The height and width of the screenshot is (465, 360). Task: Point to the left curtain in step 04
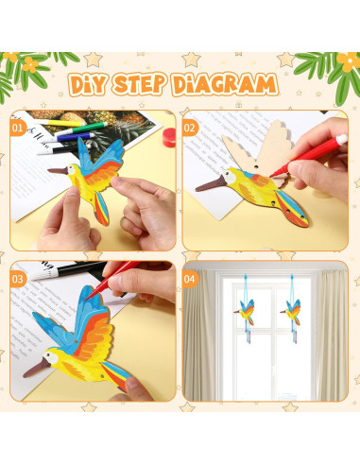pyautogui.click(x=203, y=340)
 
